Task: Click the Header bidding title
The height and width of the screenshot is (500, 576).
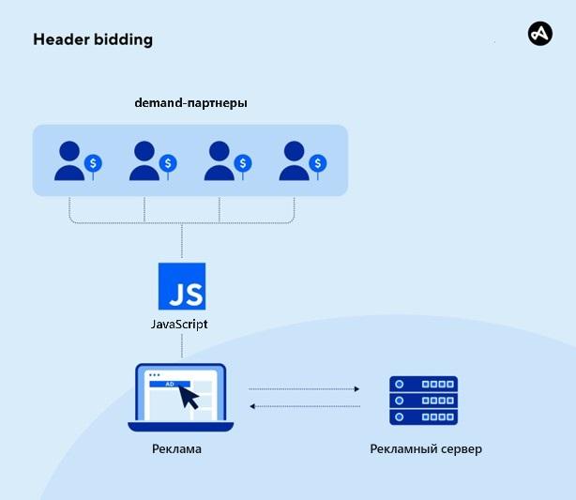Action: point(92,39)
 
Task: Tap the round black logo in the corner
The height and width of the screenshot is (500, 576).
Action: point(540,34)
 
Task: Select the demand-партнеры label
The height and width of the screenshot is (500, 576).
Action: point(190,102)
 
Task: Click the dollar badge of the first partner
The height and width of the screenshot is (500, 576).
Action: point(93,164)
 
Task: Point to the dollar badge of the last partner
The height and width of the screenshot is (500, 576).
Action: point(319,164)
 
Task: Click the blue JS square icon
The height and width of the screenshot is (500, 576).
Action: point(182,286)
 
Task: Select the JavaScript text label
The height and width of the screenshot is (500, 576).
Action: point(179,324)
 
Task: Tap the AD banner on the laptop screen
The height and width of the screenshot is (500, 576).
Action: point(170,384)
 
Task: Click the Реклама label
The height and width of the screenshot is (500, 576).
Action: point(176,449)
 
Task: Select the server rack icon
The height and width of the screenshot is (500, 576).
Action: point(423,400)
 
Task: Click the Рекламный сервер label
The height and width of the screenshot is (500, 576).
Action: point(425,449)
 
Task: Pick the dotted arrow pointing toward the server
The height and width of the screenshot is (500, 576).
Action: point(305,388)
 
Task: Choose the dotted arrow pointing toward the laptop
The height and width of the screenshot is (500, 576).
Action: point(305,406)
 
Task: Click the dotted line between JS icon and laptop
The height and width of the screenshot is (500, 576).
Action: point(182,346)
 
